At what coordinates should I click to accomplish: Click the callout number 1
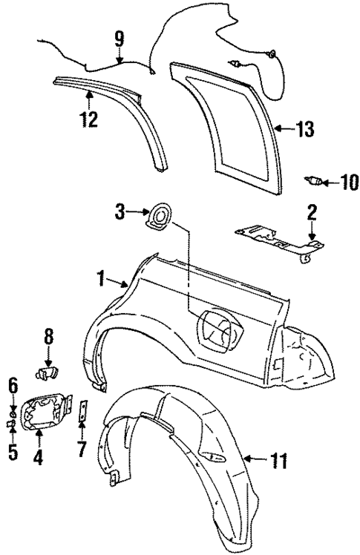100,280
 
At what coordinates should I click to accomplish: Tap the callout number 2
312,213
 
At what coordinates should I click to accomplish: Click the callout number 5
13,450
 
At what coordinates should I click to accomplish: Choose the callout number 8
48,337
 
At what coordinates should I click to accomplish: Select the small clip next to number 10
315,180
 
